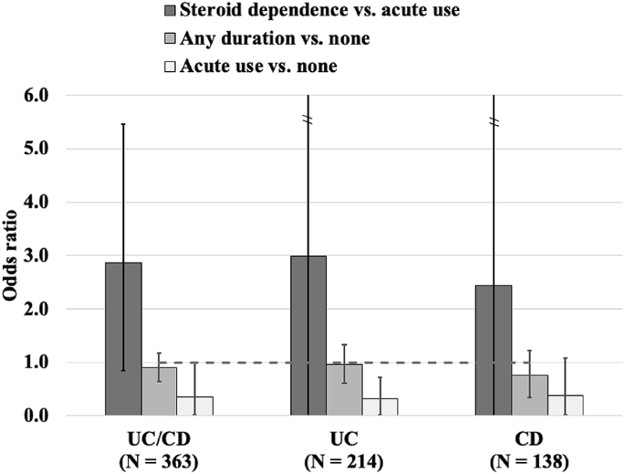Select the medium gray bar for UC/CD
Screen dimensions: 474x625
159,392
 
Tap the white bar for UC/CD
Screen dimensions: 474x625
194,407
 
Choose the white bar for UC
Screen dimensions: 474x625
380,407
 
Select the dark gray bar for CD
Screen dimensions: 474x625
494,350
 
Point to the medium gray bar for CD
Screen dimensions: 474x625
529,396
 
